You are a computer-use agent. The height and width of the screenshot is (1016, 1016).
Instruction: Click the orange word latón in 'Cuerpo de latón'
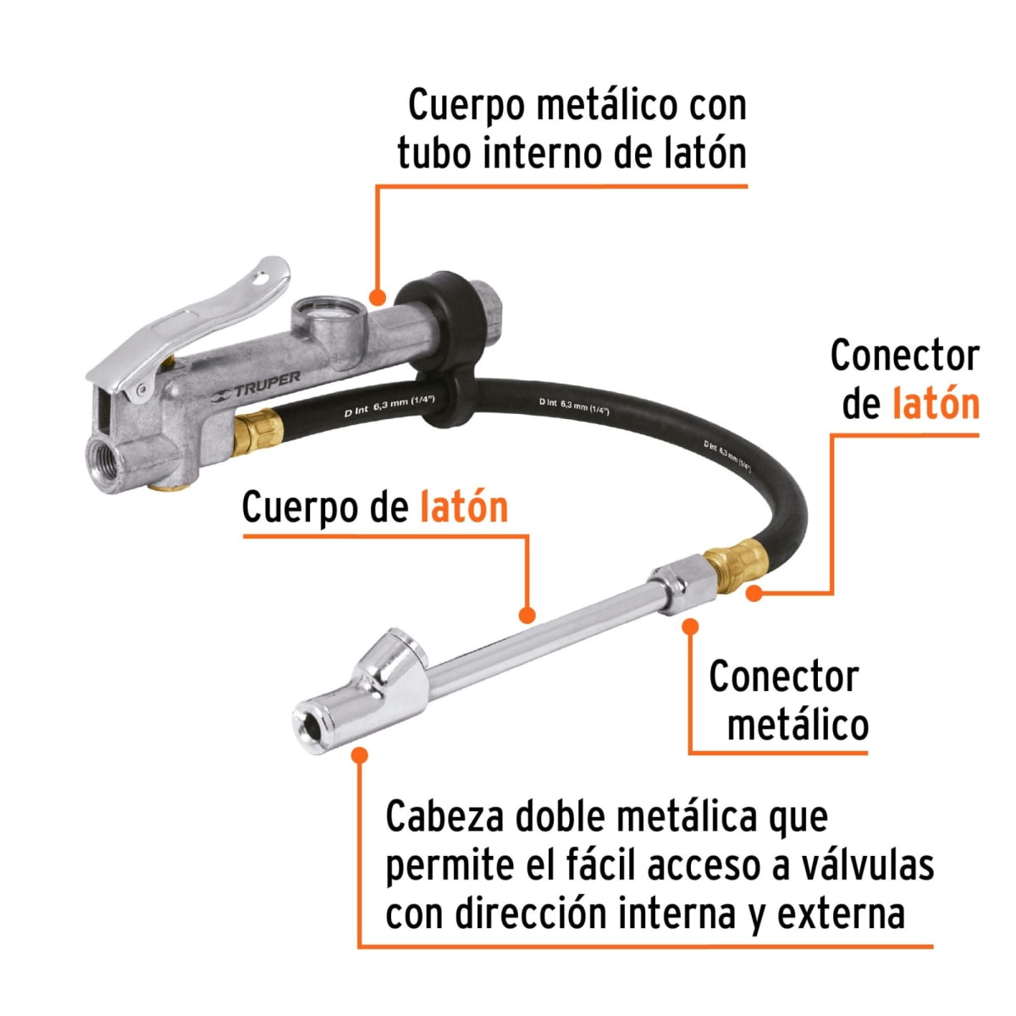click(x=463, y=508)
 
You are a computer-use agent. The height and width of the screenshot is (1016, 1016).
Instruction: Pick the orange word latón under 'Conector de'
click(x=936, y=404)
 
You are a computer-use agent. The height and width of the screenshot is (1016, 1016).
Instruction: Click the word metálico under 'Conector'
click(x=798, y=725)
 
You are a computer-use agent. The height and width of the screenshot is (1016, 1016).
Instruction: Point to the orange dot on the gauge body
click(x=378, y=296)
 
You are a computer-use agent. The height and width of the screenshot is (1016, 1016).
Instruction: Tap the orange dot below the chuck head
click(x=360, y=754)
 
